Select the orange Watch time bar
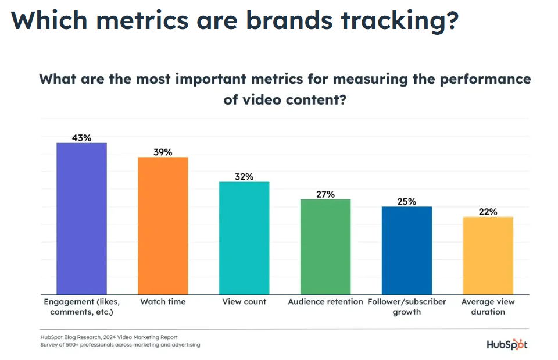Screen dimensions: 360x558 click(163, 226)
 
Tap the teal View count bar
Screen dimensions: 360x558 click(244, 238)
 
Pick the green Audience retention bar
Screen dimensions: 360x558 click(325, 247)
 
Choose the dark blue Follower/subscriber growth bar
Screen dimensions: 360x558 click(407, 250)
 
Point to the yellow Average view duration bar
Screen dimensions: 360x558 click(488, 255)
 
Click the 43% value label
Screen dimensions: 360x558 click(81, 138)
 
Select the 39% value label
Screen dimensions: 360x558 click(163, 152)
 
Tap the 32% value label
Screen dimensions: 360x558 click(244, 177)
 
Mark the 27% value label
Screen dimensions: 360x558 click(325, 194)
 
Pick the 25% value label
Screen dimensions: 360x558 click(407, 202)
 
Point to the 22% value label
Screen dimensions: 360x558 click(488, 212)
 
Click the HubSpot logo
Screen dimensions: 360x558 click(507, 344)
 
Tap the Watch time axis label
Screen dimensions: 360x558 click(163, 302)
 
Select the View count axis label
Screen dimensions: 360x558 click(244, 302)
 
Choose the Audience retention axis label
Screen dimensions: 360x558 click(325, 302)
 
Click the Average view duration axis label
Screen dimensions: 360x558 click(488, 306)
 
